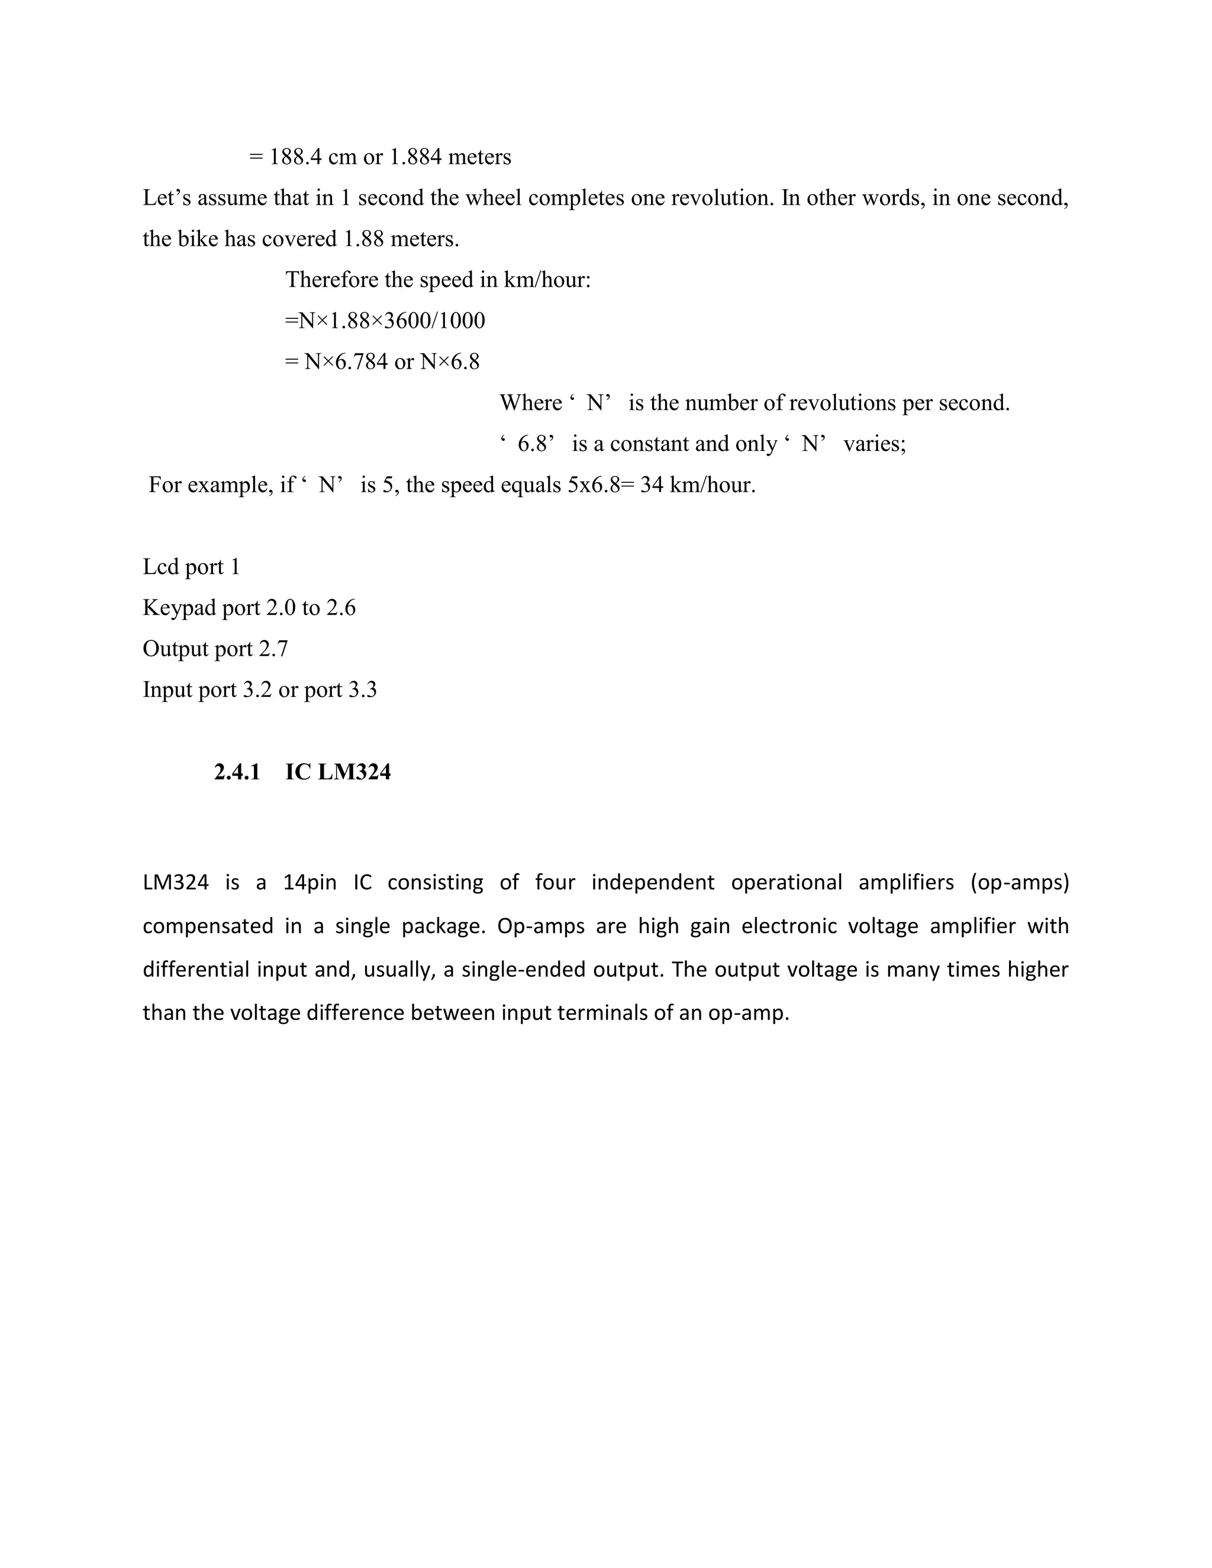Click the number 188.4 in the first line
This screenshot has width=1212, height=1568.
coord(296,157)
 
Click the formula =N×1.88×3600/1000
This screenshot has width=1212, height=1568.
coord(385,320)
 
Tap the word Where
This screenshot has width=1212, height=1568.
coord(531,403)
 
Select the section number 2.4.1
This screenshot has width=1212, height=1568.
coord(237,773)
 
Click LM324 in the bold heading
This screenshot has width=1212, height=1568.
coord(354,773)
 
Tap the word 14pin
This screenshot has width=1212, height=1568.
coord(310,882)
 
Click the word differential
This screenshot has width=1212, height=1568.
coord(193,969)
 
